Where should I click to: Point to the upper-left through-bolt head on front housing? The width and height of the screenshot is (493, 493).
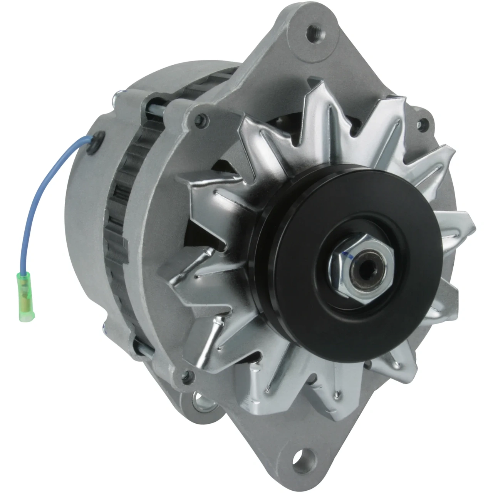201,119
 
